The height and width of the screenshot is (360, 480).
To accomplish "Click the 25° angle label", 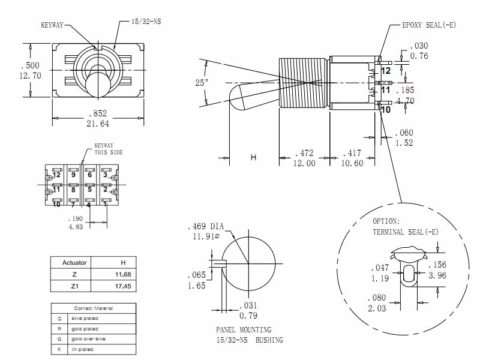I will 202,82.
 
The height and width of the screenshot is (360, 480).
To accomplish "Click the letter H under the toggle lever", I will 253,158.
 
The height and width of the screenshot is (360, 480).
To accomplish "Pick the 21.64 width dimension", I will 98,124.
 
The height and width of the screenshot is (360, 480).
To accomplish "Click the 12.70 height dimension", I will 30,76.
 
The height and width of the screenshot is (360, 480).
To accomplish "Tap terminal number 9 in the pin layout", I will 73,175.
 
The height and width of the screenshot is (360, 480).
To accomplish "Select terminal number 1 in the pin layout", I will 105,204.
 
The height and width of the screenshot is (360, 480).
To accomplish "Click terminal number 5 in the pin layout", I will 89,190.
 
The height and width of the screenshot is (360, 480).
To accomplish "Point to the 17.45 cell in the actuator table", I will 123,286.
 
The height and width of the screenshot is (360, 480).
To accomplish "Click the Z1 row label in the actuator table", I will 75,286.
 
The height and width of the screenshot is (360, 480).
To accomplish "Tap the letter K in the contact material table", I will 59,349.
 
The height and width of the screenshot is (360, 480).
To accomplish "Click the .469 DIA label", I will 205,227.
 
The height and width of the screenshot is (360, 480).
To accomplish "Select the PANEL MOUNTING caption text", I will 244,330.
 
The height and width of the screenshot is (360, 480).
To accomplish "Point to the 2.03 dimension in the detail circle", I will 377,308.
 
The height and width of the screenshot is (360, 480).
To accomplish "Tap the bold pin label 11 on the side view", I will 386,90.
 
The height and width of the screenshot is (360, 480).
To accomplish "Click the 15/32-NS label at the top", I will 146,22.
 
